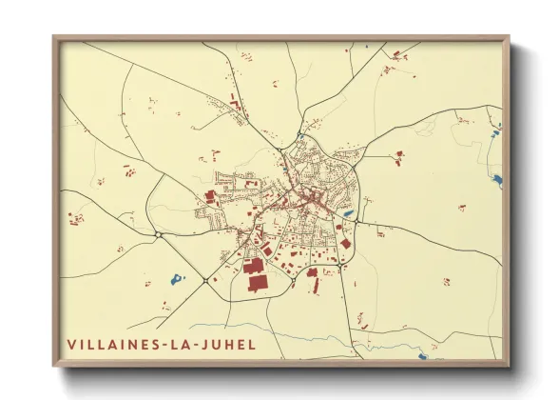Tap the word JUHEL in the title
pos(227,344)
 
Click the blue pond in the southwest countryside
pos(176,279)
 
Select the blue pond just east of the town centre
pos(348,214)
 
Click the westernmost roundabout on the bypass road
pos(157,233)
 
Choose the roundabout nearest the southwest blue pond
pos(204,280)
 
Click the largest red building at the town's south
pos(255,283)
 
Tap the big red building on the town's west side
pos(210,196)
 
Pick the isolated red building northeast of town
pos(399,153)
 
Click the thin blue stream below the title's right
pos(314,341)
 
